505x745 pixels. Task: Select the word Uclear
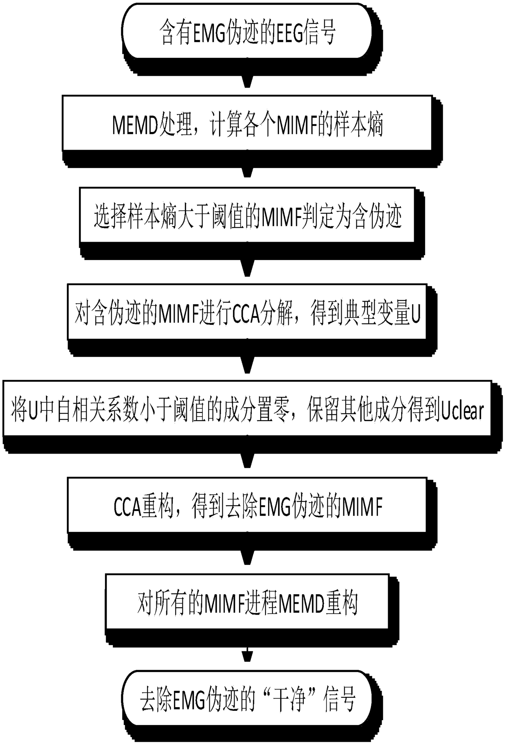tap(463, 411)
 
